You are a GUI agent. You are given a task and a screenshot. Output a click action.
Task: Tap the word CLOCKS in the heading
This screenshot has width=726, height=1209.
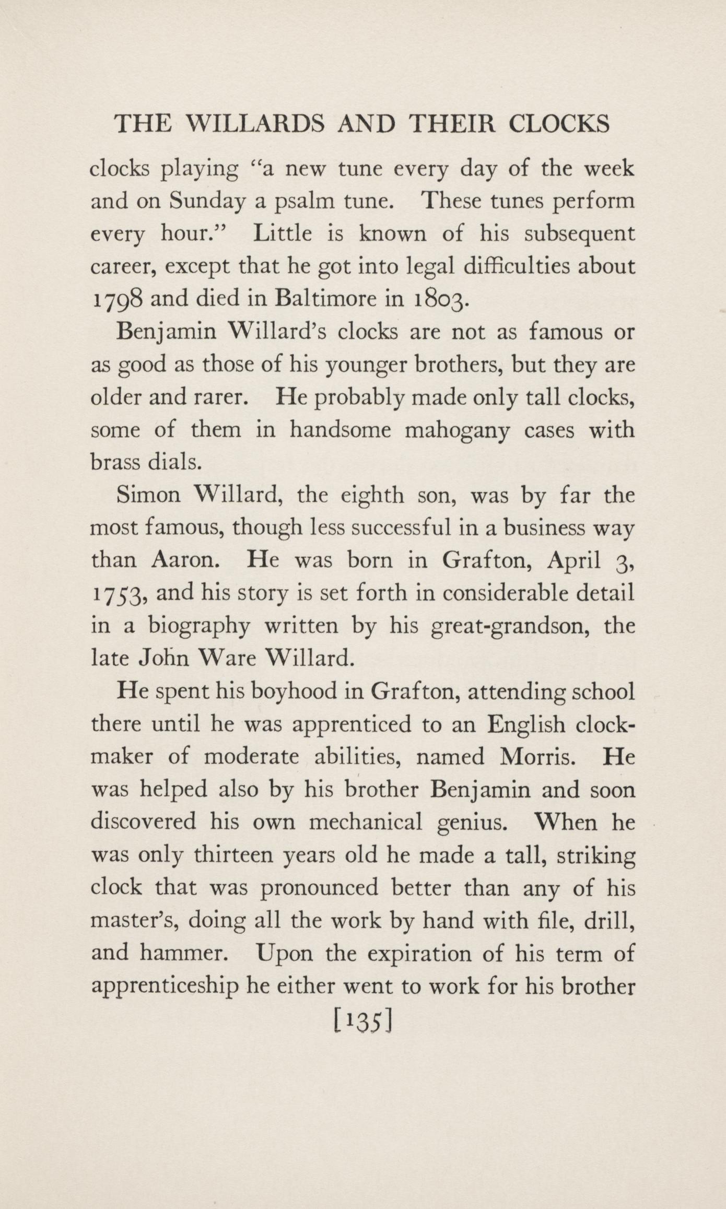[x=559, y=124]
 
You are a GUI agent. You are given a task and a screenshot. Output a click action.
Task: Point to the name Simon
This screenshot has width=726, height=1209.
[x=148, y=495]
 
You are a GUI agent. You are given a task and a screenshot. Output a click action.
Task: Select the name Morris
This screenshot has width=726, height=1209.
[x=538, y=756]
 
